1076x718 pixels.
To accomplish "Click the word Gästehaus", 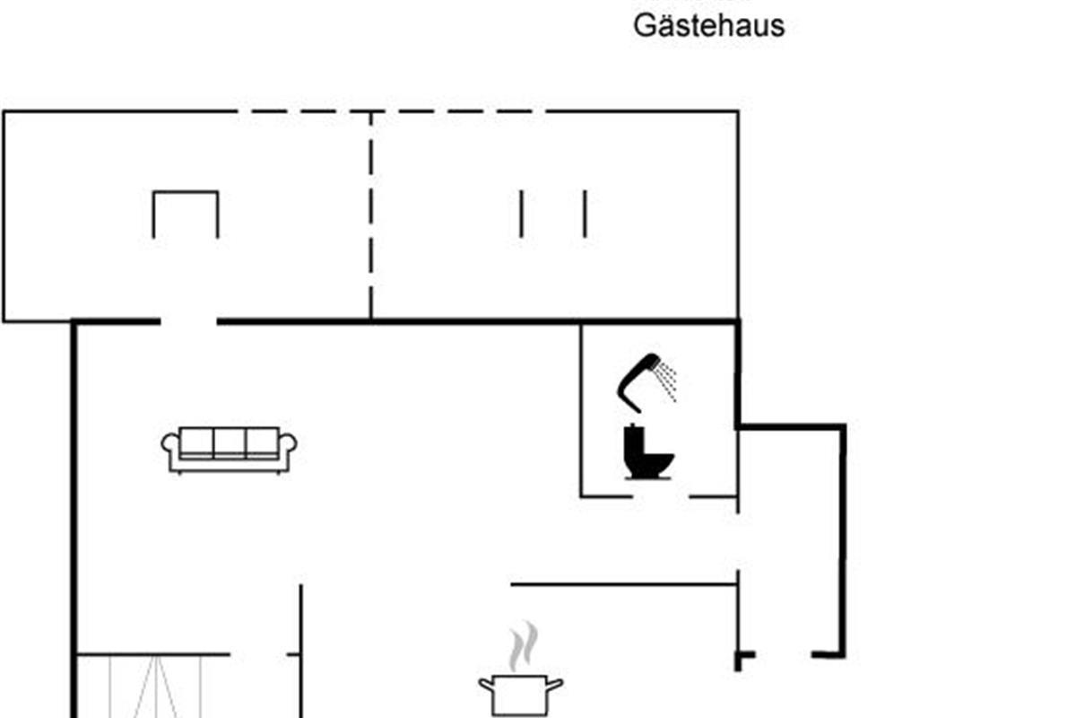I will [708, 25].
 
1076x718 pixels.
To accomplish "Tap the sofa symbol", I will [229, 449].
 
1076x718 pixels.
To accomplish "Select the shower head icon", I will [642, 377].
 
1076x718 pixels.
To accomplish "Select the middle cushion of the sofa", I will [229, 442].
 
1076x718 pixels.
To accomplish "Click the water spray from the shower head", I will [666, 382].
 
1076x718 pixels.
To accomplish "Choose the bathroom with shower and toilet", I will [659, 408].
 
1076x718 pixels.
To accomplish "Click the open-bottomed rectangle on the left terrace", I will [186, 214].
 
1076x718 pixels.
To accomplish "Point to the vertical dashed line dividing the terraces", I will [370, 215].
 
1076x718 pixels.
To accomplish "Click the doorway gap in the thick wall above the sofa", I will [188, 320].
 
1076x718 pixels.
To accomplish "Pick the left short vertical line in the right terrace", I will [521, 214].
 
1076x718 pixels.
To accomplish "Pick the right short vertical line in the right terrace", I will [585, 214].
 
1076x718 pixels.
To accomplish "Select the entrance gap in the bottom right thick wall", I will [783, 656].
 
